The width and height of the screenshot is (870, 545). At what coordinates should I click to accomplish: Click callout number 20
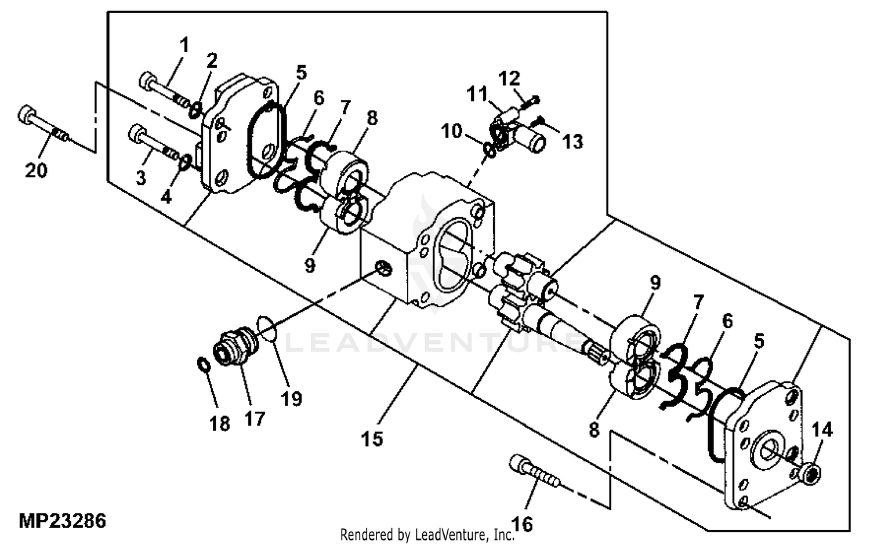[36, 170]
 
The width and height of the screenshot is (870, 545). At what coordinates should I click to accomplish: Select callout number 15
[372, 439]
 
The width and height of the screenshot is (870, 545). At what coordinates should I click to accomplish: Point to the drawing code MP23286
[62, 521]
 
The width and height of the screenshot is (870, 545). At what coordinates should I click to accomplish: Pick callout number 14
[822, 430]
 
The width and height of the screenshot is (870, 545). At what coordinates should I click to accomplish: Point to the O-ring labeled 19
[267, 328]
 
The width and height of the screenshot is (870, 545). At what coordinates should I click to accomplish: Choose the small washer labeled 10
[490, 150]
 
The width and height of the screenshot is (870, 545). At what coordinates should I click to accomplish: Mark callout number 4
[166, 197]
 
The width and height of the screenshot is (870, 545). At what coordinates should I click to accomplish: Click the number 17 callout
[255, 419]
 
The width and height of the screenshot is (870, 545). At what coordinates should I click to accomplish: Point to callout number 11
[476, 94]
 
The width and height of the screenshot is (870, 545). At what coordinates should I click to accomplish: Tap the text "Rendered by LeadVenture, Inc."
[427, 535]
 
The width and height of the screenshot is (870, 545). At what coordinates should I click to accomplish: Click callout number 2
[212, 60]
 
